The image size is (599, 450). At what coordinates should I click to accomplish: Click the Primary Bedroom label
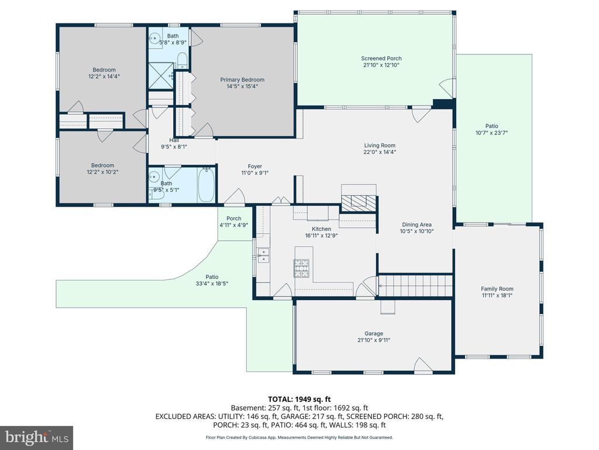(x=242, y=80)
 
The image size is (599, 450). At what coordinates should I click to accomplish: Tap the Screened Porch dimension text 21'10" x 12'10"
(x=381, y=65)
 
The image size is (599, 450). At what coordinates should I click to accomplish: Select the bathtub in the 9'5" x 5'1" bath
(x=206, y=186)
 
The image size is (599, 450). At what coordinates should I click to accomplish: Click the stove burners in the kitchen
(x=301, y=268)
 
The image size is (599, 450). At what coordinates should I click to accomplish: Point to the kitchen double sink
(x=263, y=255)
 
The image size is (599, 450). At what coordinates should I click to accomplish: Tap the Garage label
(x=374, y=333)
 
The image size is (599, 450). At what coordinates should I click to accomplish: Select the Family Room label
(x=497, y=289)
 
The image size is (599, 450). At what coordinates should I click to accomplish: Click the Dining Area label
(x=416, y=224)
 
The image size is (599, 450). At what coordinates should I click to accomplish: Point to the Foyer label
(x=255, y=166)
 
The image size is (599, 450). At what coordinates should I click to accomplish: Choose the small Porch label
(x=234, y=219)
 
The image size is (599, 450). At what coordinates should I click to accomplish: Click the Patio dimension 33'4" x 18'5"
(x=212, y=284)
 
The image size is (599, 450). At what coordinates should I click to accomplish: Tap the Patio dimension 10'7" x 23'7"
(x=491, y=133)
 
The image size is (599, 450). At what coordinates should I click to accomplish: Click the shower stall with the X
(x=160, y=76)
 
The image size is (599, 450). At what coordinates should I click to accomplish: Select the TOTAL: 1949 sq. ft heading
(x=299, y=400)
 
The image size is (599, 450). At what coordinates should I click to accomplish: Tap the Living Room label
(x=380, y=145)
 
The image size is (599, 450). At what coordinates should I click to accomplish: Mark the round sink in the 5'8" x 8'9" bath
(x=154, y=37)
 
